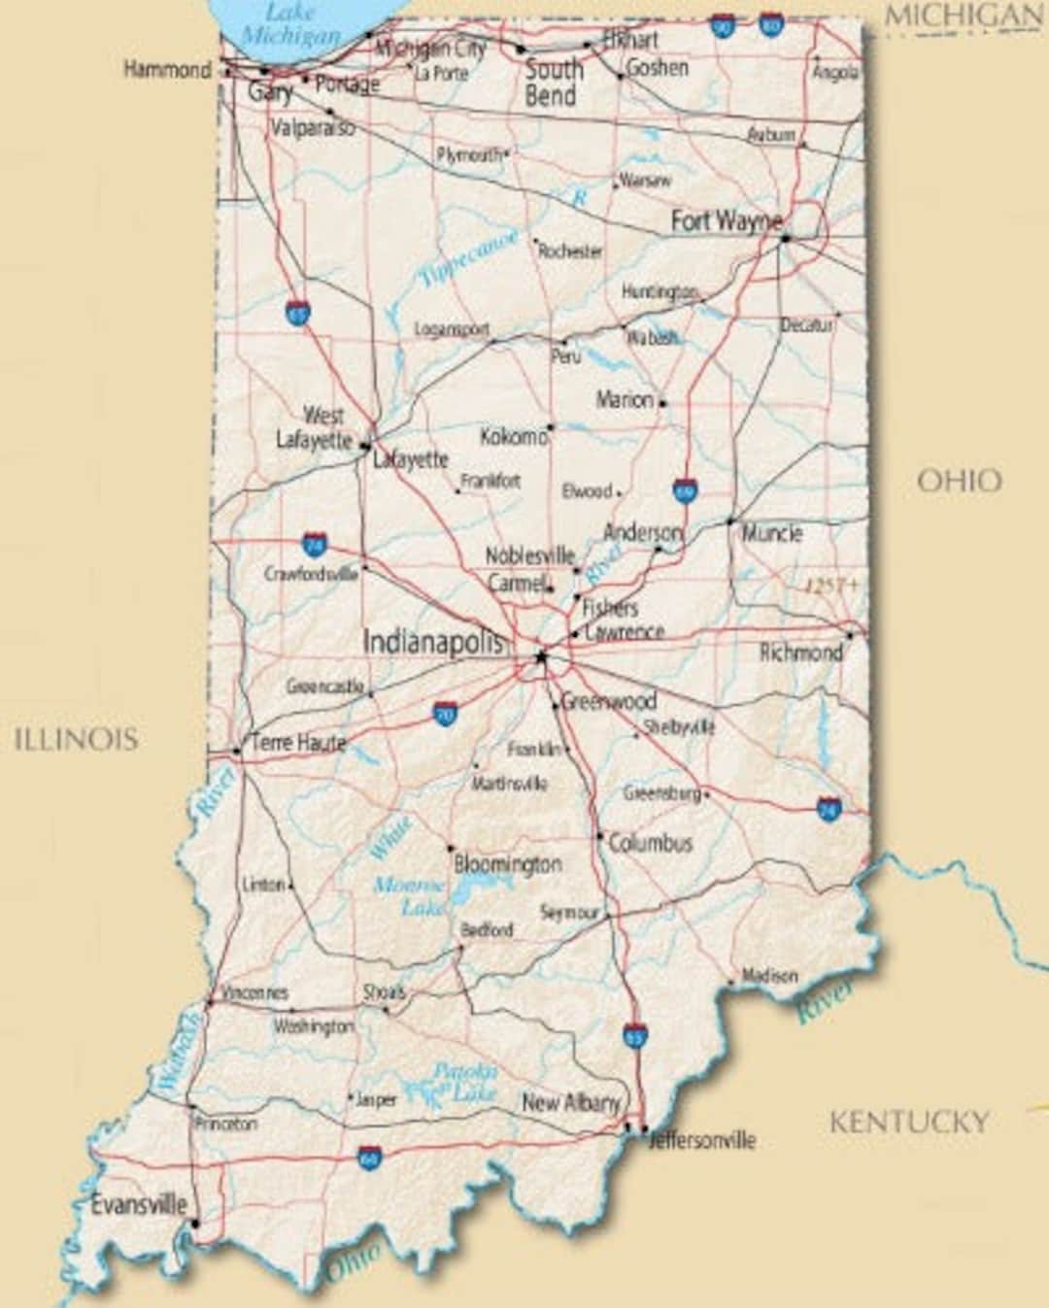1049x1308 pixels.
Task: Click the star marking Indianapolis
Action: click(x=541, y=657)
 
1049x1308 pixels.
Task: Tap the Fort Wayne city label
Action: click(x=726, y=221)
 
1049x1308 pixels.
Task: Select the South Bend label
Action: click(x=554, y=83)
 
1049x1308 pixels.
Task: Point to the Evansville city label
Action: click(x=138, y=1205)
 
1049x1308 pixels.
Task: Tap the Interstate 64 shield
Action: click(x=369, y=1157)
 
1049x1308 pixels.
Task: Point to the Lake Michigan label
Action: click(x=290, y=24)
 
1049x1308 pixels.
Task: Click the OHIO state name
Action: click(x=959, y=481)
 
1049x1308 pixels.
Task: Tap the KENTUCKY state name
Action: click(x=909, y=1123)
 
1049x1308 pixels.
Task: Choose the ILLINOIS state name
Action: click(x=76, y=739)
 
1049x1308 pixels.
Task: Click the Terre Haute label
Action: click(x=298, y=743)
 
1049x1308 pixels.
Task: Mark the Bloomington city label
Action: click(x=507, y=863)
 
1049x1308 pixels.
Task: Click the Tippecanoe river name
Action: click(x=468, y=259)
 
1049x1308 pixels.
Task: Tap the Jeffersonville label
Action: click(x=701, y=1140)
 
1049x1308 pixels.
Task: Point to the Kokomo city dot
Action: click(x=551, y=426)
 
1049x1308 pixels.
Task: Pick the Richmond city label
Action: click(x=800, y=652)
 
